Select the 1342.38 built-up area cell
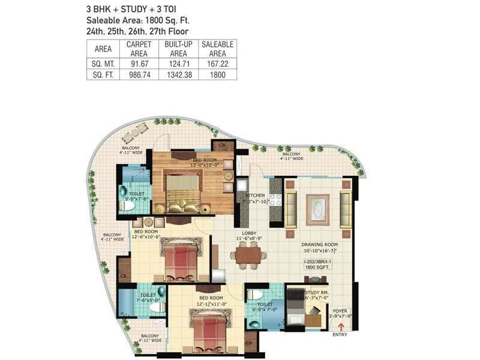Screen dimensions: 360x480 179,75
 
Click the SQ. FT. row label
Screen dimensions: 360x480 103,75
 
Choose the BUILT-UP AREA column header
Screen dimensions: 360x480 179,49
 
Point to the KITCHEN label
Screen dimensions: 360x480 255,196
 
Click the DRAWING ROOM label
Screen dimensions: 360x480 320,245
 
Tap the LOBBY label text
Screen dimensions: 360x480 250,233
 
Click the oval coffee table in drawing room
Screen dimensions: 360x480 317,208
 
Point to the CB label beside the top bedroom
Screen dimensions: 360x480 222,145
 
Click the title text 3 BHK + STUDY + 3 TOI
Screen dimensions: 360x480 131,10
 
